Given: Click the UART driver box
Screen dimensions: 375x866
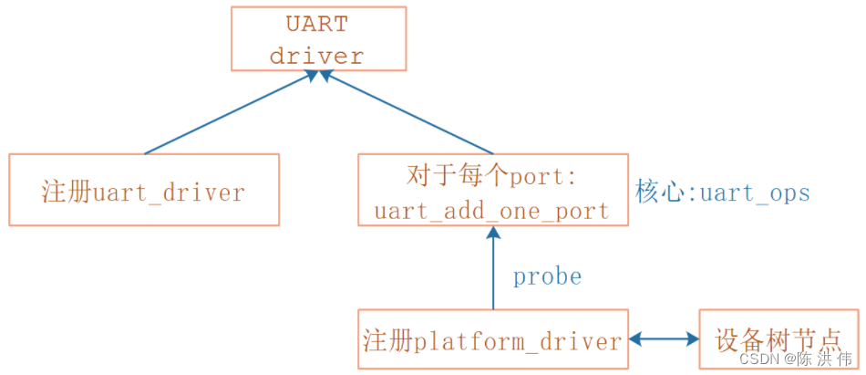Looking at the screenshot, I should [317, 37].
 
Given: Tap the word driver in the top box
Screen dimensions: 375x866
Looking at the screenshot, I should [316, 55].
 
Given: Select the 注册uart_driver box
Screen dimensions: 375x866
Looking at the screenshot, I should [144, 190].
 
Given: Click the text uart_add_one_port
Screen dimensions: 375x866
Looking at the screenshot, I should [492, 211].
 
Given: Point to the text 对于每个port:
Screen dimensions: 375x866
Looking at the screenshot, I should [492, 173].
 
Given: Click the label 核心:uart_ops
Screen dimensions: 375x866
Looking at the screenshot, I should [723, 193].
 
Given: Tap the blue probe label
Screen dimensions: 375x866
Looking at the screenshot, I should [547, 276].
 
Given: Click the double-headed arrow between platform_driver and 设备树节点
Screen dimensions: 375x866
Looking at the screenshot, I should [664, 339].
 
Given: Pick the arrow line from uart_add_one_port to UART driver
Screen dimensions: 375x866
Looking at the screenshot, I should [408, 114].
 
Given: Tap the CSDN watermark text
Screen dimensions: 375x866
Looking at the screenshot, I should [795, 359].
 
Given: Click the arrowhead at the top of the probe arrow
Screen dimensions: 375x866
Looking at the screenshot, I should [493, 235].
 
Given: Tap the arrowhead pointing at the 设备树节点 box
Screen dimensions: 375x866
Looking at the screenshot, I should [690, 339].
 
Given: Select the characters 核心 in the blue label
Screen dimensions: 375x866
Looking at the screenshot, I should [652, 193].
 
